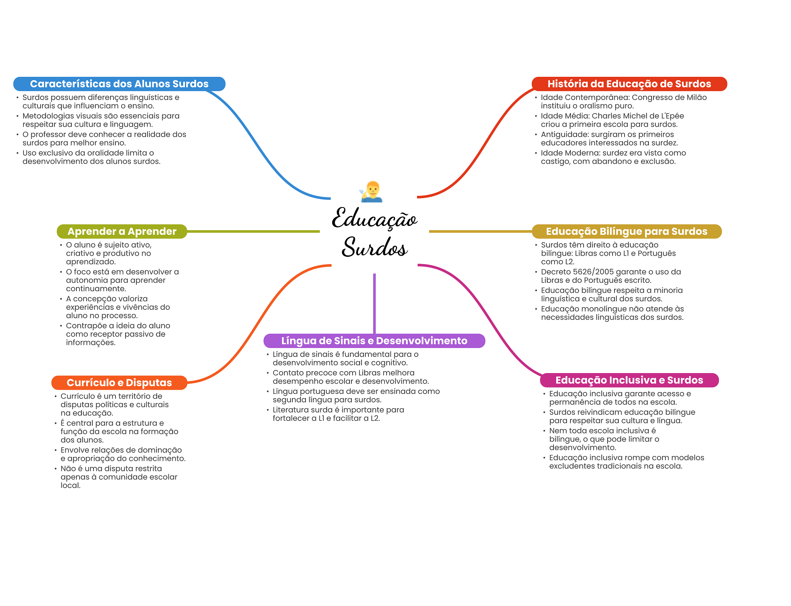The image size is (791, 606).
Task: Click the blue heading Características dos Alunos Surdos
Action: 119,84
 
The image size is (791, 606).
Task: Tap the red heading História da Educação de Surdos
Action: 629,84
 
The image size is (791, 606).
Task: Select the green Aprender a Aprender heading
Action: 122,231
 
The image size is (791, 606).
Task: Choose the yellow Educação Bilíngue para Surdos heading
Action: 626,231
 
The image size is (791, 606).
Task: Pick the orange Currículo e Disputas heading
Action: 119,382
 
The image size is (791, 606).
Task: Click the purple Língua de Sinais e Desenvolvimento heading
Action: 374,341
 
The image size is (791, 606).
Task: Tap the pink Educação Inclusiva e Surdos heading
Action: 629,380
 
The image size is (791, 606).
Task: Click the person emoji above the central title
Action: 372,192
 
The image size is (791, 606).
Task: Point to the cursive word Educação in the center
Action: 374,219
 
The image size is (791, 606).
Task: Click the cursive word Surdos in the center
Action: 374,247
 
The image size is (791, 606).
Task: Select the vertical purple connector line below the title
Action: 374,303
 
